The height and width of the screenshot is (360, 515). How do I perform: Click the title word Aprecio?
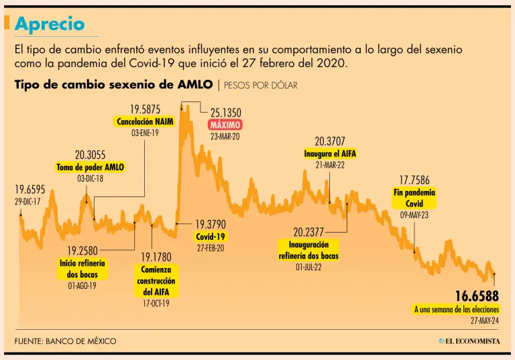[50, 24]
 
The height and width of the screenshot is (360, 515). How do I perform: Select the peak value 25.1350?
[225, 113]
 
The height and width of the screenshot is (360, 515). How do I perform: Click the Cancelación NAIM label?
[146, 122]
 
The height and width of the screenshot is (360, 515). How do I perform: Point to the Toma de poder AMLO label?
[91, 167]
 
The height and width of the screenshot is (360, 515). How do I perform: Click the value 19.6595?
[30, 189]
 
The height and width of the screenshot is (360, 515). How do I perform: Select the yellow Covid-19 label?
[211, 237]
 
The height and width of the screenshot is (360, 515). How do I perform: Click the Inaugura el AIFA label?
[330, 154]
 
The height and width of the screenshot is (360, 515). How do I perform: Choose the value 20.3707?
[330, 141]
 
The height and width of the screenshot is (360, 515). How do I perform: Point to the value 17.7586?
[414, 180]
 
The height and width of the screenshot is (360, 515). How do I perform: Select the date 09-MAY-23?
[414, 216]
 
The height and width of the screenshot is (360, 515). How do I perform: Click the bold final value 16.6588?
[477, 296]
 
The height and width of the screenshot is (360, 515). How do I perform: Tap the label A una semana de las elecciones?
[456, 309]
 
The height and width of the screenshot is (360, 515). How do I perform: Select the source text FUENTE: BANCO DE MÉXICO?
[65, 341]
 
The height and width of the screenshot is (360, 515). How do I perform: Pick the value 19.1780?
[156, 257]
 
